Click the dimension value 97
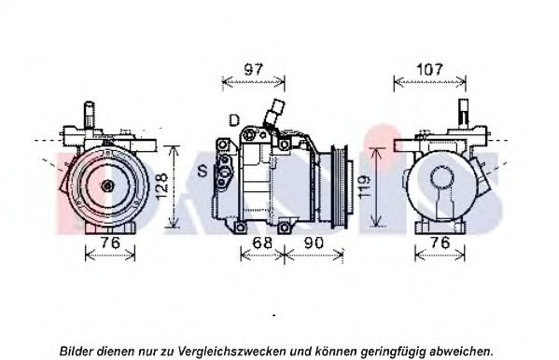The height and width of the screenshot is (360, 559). [254, 69]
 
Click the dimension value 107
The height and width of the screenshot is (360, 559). [429, 69]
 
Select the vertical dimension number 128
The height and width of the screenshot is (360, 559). [161, 186]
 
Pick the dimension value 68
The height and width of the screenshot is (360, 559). [262, 242]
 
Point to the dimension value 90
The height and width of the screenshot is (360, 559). [314, 242]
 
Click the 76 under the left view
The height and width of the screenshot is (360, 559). [110, 242]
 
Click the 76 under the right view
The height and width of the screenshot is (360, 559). [440, 242]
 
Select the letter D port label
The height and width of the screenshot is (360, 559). [234, 120]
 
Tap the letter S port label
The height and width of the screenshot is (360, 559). [203, 172]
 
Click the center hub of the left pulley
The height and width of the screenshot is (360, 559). [107, 186]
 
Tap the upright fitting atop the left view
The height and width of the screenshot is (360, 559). [90, 115]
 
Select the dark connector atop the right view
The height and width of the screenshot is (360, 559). [464, 112]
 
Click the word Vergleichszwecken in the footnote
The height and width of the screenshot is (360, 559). [231, 351]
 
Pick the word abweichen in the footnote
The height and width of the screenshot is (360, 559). [461, 351]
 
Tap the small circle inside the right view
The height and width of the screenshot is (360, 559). [442, 177]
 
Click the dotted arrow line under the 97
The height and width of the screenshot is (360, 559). [254, 83]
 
